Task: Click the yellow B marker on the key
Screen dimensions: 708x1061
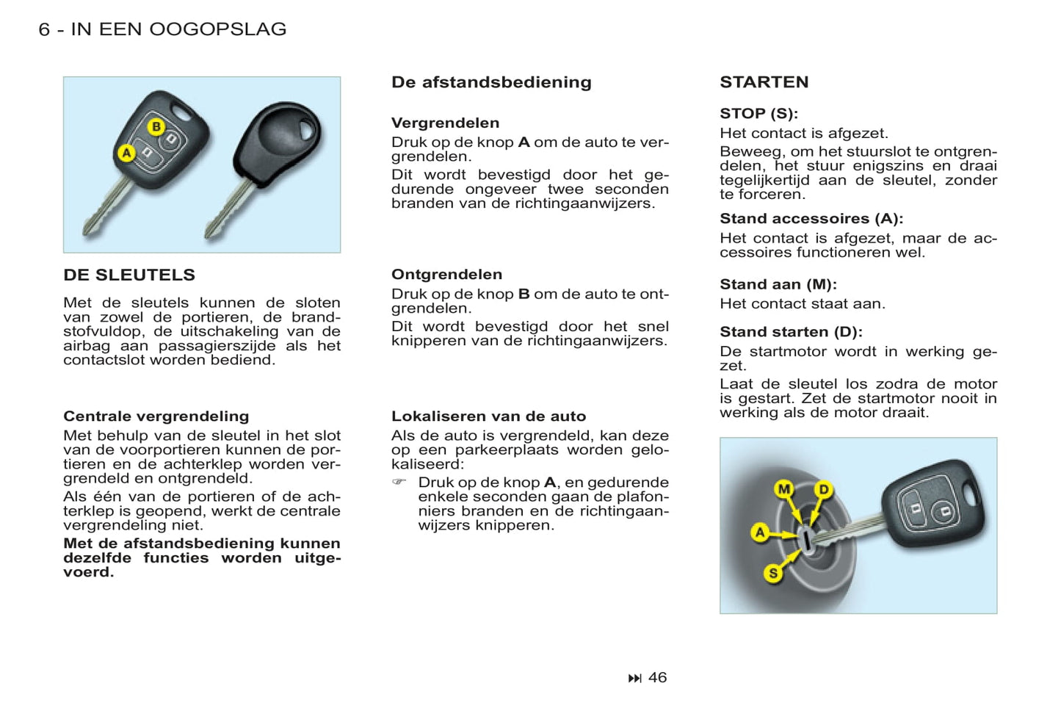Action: [156, 126]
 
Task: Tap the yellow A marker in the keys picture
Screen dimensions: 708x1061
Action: [126, 153]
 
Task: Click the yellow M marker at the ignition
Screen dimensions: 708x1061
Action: [784, 489]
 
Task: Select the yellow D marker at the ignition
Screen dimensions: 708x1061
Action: [824, 490]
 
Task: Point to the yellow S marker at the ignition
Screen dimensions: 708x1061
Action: [772, 573]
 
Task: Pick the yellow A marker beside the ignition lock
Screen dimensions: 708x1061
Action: [760, 532]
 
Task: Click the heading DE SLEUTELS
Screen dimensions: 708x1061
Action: [129, 275]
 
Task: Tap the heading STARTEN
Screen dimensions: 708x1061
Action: [764, 82]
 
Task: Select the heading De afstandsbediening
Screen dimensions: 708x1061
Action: [491, 82]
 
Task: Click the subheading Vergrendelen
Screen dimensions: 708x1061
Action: [445, 123]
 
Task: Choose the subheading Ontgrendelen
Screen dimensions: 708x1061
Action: [446, 274]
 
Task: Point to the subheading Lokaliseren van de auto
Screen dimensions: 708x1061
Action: [488, 416]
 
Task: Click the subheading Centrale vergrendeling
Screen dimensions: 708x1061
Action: [156, 416]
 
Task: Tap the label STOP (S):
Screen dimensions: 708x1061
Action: [758, 113]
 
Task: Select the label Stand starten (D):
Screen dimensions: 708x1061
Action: [791, 331]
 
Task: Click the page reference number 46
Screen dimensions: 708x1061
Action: [657, 677]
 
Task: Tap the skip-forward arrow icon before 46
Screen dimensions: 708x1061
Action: [634, 678]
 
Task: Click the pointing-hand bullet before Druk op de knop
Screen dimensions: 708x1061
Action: [399, 482]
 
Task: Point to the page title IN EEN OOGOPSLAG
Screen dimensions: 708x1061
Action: [178, 29]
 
